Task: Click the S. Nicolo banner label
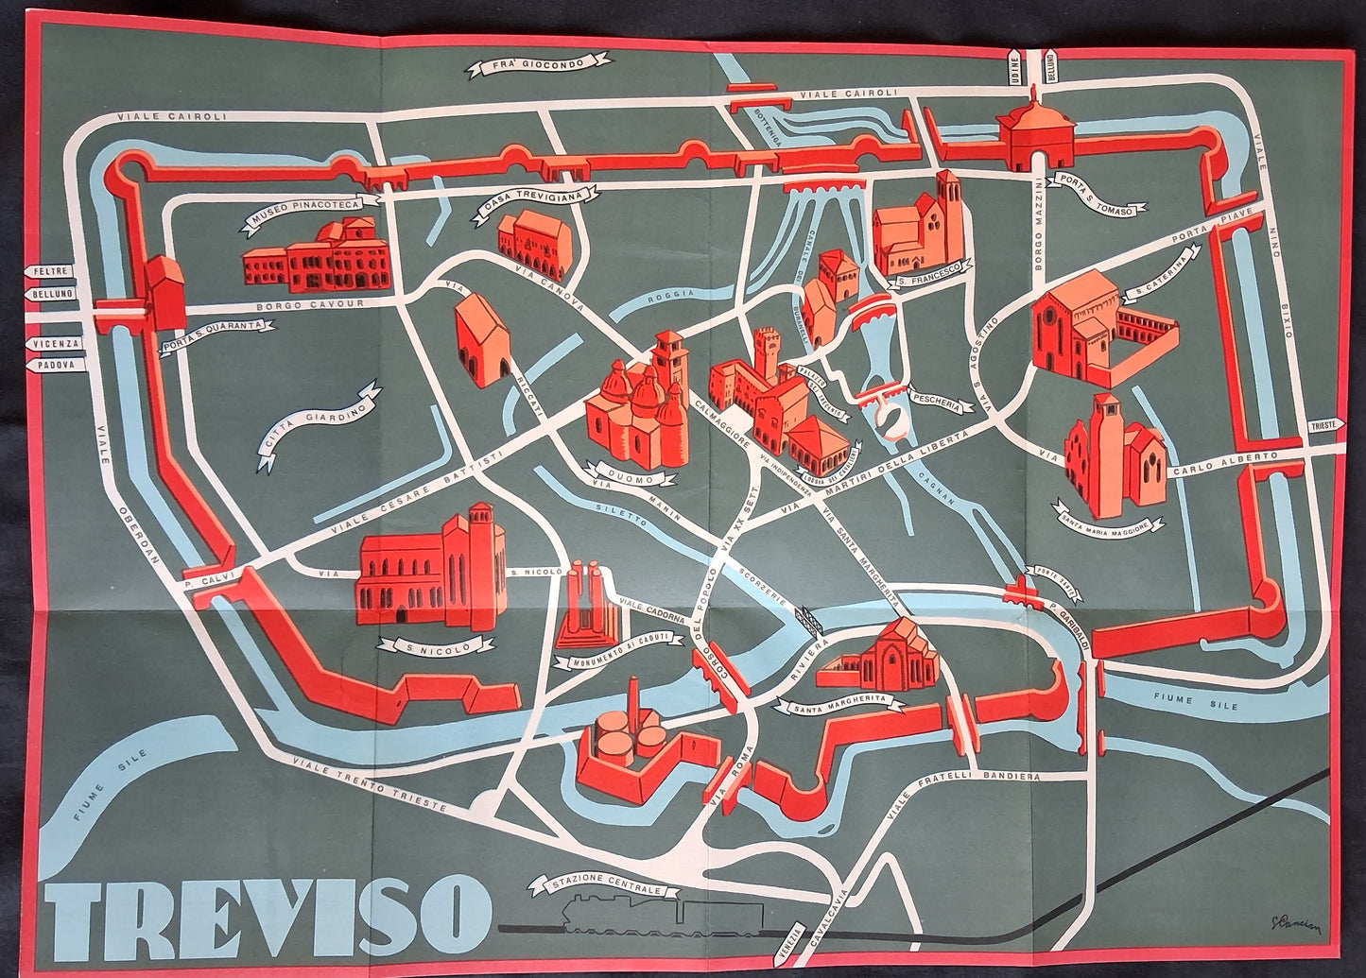435,646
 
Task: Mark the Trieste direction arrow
1323,426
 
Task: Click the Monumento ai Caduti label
626,652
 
